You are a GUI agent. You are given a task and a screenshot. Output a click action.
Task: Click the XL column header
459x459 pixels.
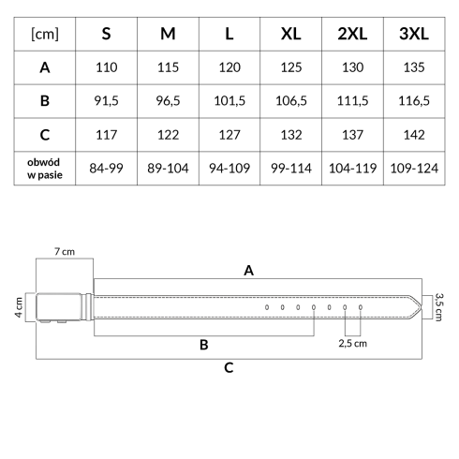click(x=290, y=34)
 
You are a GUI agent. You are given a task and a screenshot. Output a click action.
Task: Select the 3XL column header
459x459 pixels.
click(x=414, y=34)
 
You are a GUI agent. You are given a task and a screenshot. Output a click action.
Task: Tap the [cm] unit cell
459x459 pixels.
click(x=45, y=34)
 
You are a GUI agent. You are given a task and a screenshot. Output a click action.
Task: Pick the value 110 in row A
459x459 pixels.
click(x=107, y=67)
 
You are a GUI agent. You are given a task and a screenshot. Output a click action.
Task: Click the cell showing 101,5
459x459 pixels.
click(x=229, y=101)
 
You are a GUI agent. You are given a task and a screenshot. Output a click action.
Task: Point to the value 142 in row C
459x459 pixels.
click(x=414, y=135)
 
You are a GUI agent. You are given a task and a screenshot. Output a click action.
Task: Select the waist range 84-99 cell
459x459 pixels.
click(x=106, y=169)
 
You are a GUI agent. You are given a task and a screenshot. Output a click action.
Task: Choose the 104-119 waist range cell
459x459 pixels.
click(x=352, y=169)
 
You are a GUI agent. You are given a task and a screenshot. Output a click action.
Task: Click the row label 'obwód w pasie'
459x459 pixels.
click(x=44, y=169)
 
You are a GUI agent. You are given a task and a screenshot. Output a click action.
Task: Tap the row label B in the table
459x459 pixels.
click(x=45, y=101)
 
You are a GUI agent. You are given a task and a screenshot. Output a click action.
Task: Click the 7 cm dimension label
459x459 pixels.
click(x=65, y=251)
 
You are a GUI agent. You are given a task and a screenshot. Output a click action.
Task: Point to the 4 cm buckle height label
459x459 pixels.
click(x=19, y=307)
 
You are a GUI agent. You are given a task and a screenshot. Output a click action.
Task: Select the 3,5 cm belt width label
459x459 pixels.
click(x=438, y=307)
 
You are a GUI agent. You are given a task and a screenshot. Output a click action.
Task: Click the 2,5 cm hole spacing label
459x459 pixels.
click(x=352, y=344)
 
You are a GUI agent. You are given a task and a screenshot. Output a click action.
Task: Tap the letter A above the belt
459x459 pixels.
click(x=248, y=271)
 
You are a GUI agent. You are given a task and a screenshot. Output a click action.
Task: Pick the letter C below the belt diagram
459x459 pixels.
click(x=229, y=368)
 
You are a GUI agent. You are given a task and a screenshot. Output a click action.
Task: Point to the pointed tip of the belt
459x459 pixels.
click(x=422, y=307)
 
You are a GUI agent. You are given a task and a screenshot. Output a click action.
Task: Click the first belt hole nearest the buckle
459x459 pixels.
click(x=267, y=307)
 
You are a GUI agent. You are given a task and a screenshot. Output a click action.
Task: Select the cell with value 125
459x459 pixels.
click(x=291, y=67)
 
